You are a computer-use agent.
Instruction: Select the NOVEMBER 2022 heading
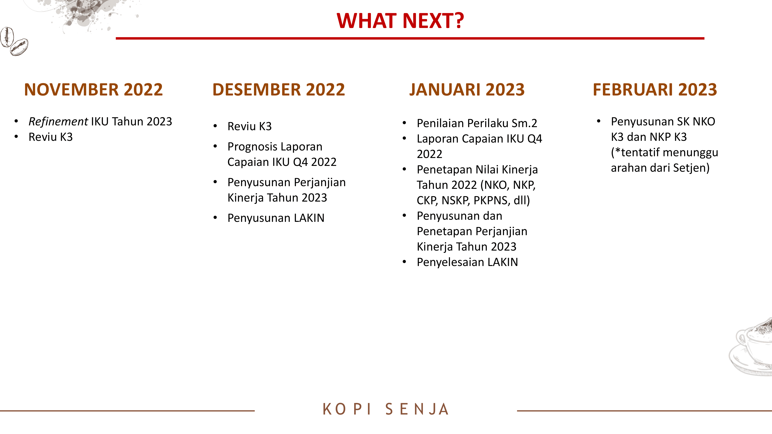click(93, 90)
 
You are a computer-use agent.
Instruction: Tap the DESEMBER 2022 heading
click(279, 90)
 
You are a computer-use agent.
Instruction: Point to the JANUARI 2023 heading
click(467, 90)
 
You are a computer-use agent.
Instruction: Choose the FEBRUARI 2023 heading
click(655, 90)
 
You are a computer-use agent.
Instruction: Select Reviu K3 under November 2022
click(51, 137)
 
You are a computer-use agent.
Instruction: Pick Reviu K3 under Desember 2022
click(250, 126)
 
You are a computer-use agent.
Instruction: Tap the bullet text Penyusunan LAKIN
click(276, 218)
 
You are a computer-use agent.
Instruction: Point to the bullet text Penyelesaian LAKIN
click(467, 262)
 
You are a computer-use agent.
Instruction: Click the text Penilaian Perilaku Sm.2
click(477, 123)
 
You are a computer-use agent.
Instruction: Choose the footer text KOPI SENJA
click(386, 409)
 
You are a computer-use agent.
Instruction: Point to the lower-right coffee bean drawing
click(19, 47)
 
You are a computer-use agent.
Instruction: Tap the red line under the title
click(410, 38)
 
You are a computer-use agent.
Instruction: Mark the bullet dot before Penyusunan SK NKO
click(598, 121)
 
